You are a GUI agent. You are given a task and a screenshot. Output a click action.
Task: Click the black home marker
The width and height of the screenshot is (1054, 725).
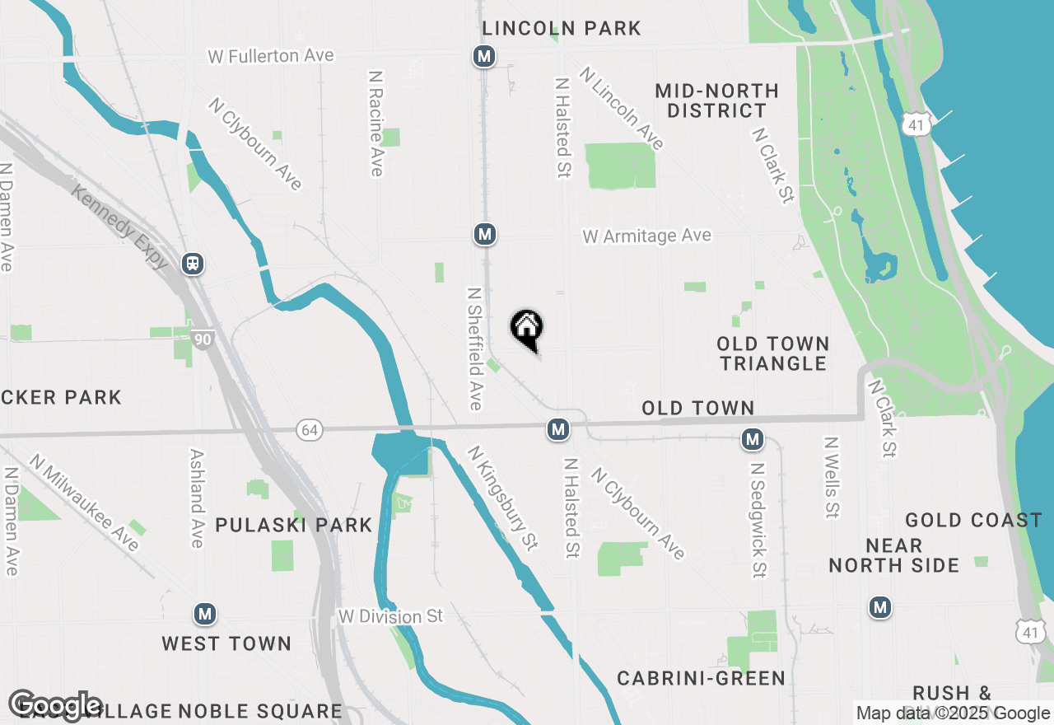point(527,329)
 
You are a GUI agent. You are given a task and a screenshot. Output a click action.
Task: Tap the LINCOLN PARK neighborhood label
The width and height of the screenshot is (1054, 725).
point(562,28)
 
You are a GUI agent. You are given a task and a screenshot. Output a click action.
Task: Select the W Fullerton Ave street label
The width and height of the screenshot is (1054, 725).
point(271,56)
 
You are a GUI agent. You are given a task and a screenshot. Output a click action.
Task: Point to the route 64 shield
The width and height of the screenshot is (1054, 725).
point(309,430)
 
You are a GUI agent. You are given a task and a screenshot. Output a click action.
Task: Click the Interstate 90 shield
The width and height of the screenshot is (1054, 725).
point(203,339)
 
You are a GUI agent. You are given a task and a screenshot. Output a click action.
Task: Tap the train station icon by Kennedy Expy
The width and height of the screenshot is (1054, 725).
point(194,264)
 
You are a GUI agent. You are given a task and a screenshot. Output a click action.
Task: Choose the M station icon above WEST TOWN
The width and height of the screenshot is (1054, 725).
point(205,614)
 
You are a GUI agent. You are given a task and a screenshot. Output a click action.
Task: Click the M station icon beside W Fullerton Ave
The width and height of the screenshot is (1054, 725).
point(484,57)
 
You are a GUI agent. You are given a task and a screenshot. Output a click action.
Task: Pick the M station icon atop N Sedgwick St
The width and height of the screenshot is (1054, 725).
point(752,440)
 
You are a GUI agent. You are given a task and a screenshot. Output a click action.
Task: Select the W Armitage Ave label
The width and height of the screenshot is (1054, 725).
point(646,236)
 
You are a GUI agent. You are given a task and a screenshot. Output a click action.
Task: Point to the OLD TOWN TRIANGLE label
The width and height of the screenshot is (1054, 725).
point(772,353)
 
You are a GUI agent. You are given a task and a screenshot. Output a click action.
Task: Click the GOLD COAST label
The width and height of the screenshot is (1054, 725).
point(973,520)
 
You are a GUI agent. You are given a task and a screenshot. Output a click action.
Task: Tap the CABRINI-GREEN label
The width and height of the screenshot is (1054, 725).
point(702,678)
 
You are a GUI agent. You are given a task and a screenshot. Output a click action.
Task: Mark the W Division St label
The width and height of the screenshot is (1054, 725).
point(390,616)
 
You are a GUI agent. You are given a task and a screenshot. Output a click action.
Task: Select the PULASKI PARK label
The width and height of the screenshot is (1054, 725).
point(294,525)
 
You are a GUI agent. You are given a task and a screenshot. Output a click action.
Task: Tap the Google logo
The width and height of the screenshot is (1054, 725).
point(55,704)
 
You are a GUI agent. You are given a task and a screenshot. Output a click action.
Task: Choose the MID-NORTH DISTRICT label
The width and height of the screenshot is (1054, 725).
point(717,101)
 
